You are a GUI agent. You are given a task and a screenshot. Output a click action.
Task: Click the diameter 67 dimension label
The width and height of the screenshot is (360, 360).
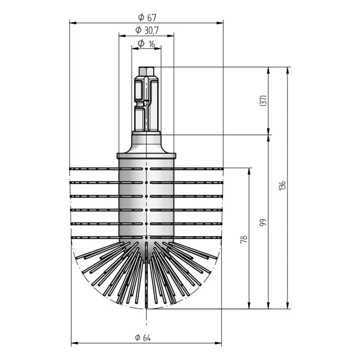click(146, 17)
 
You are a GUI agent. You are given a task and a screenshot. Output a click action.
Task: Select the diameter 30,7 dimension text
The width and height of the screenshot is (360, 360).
click(147, 30)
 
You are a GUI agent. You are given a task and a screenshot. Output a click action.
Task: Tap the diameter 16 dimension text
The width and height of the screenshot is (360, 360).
click(147, 44)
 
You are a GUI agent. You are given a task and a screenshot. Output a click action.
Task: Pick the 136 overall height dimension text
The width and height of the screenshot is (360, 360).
click(282, 186)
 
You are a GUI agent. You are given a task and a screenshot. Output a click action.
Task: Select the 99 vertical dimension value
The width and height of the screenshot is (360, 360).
click(262, 222)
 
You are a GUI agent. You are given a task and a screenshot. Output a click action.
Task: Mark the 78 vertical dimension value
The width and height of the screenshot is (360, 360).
click(244, 239)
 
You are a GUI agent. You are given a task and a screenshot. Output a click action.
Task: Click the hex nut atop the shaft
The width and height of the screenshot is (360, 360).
click(147, 71)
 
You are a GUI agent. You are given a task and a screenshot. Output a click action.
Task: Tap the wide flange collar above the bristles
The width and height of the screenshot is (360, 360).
click(147, 155)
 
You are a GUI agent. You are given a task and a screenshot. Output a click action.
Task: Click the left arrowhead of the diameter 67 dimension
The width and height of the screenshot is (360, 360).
click(73, 23)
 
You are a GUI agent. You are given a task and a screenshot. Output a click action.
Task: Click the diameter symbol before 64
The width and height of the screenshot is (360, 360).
click(138, 338)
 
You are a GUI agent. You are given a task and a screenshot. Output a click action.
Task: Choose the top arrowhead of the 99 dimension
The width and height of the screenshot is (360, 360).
click(268, 138)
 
